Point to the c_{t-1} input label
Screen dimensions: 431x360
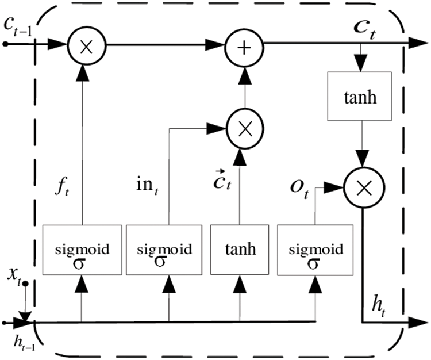[18, 27]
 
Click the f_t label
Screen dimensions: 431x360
[62, 188]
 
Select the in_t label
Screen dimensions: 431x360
[147, 186]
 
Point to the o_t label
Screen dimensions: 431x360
[299, 189]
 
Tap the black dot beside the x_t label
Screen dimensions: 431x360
[25, 284]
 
